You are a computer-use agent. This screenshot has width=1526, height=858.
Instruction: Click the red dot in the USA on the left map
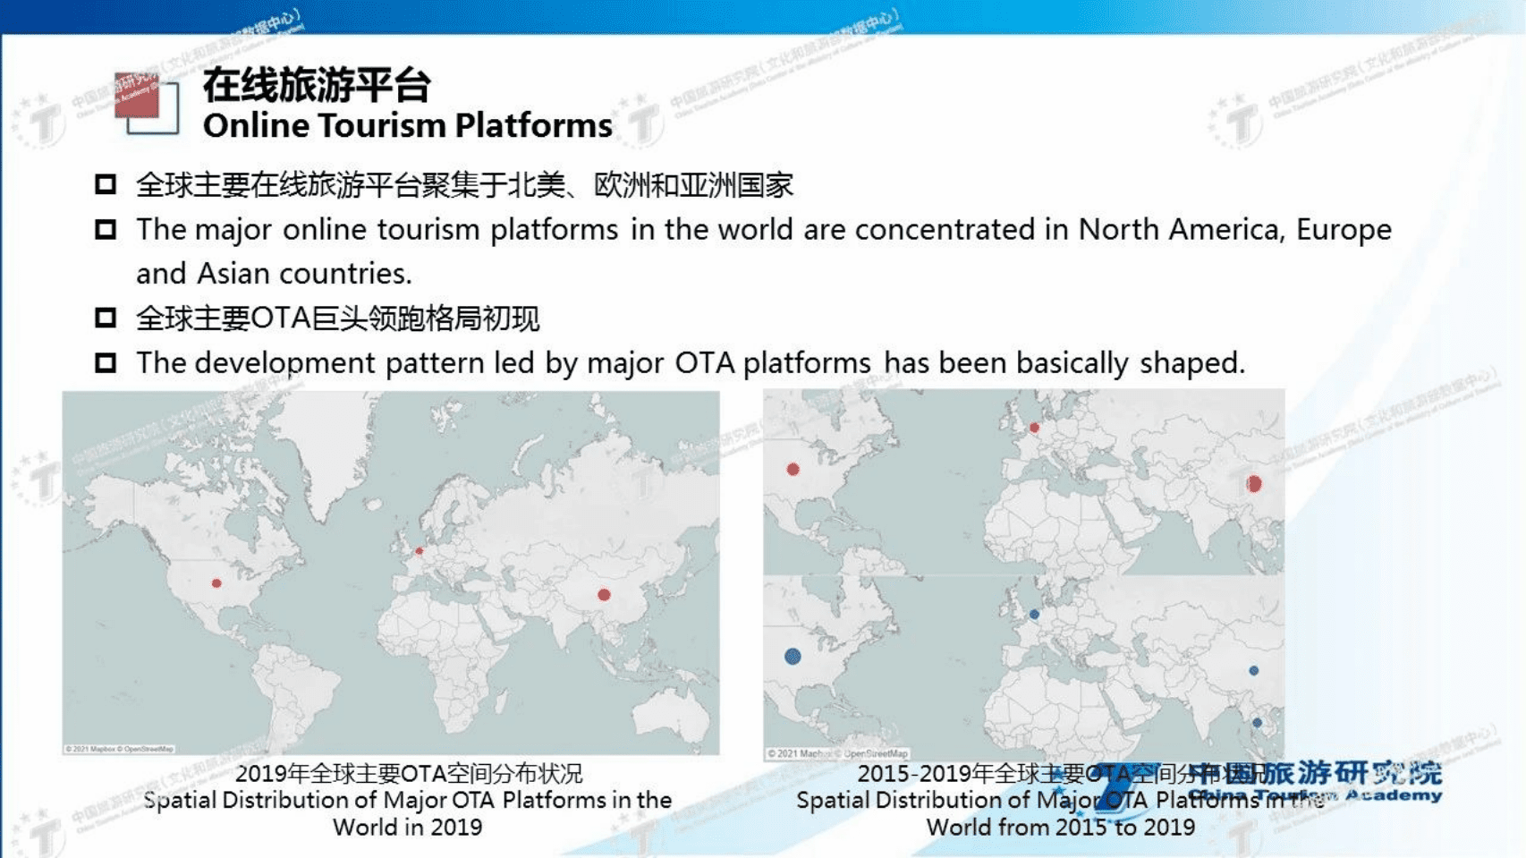point(216,583)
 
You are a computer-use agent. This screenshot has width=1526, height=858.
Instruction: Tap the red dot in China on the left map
point(604,595)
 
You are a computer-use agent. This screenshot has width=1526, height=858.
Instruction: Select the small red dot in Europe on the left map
point(419,551)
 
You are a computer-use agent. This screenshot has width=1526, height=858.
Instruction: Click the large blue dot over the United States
point(793,657)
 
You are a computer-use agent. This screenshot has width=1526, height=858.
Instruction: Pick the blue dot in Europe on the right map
point(1034,615)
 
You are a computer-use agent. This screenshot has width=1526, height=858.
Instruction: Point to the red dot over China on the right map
point(1254,484)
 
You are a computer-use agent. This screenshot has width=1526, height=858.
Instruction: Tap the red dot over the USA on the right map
point(793,470)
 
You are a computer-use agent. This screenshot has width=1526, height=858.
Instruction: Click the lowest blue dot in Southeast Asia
point(1257,723)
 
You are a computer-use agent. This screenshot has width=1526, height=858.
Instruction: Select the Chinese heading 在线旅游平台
point(317,86)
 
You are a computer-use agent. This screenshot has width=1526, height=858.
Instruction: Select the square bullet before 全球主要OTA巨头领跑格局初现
point(106,318)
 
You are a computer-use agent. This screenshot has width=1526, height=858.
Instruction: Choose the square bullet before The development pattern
point(106,362)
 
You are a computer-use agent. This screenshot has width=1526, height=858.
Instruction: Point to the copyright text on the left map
point(119,749)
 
